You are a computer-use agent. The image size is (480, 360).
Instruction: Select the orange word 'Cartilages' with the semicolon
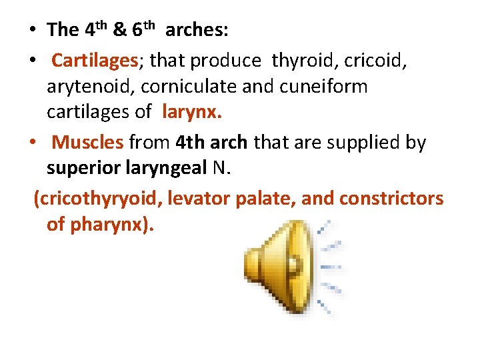click(x=97, y=61)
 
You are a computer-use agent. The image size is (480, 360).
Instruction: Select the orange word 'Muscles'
click(x=87, y=143)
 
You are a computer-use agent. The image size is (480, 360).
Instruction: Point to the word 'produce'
click(x=225, y=61)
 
